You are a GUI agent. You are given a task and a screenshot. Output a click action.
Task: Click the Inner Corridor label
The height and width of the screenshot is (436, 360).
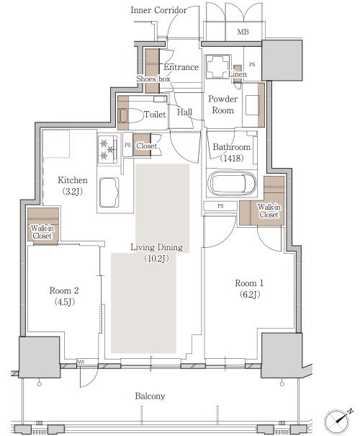click(158, 10)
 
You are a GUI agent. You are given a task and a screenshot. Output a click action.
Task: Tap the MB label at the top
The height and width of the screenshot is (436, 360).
click(243, 32)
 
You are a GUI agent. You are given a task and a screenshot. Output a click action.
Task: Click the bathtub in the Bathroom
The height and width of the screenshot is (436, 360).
click(231, 183)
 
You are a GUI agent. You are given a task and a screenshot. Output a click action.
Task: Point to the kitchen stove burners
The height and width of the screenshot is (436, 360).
click(108, 150)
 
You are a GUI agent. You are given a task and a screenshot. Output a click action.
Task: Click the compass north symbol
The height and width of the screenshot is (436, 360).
click(338, 419)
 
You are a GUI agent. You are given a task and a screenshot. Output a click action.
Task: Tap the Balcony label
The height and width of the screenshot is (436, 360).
click(150, 396)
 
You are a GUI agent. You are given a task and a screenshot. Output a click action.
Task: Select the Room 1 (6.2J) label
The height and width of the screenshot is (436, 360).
click(249, 289)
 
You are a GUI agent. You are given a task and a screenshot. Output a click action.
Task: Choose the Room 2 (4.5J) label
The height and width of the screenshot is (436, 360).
click(64, 296)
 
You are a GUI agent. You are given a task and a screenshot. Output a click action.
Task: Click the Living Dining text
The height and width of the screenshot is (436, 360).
click(157, 247)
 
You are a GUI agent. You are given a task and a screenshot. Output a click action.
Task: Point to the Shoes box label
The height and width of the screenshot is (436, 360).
click(153, 79)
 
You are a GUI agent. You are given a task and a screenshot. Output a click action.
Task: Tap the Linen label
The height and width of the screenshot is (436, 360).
click(238, 74)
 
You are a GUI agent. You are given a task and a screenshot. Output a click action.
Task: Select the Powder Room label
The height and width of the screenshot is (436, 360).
click(222, 104)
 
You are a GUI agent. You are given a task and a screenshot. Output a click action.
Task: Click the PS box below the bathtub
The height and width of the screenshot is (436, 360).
click(220, 206)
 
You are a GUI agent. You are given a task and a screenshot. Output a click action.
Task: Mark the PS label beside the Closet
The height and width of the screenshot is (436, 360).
click(127, 145)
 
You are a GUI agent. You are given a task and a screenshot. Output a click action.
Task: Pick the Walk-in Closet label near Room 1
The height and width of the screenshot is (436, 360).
click(269, 210)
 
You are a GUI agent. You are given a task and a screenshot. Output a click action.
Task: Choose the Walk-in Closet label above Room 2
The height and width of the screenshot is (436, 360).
click(42, 232)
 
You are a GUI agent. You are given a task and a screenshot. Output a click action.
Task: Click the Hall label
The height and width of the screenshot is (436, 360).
click(184, 112)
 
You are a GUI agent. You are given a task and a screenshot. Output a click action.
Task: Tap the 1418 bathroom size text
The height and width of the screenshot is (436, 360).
click(232, 159)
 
